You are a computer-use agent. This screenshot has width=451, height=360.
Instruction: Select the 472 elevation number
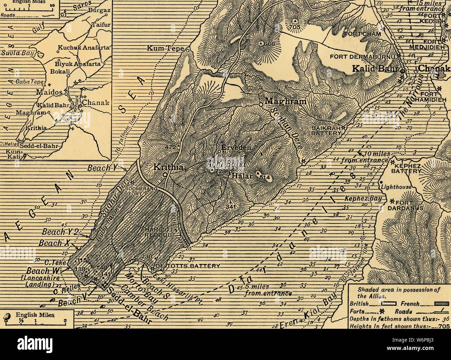point(170,147)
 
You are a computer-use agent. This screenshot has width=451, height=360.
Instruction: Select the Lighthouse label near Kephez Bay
point(396,187)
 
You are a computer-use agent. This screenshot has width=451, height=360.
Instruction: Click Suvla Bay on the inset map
point(14,53)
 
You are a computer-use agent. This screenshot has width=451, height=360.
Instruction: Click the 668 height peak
point(268,44)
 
